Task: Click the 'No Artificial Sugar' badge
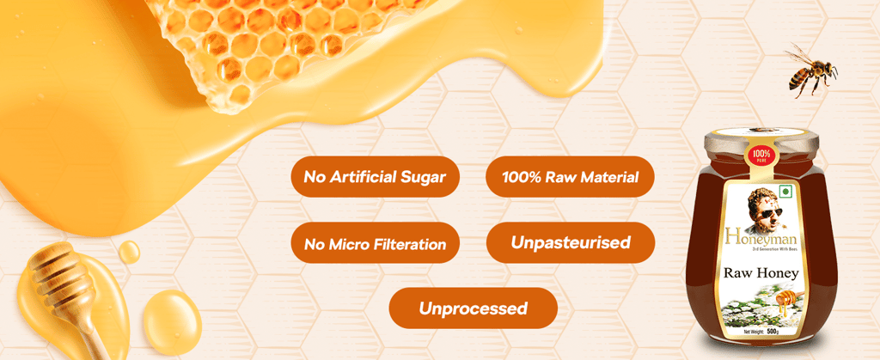pyautogui.click(x=375, y=177)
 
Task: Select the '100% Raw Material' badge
pyautogui.click(x=571, y=177)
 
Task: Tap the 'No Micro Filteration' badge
pyautogui.click(x=375, y=244)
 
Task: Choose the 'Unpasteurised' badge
pyautogui.click(x=571, y=243)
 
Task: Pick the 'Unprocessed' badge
pyautogui.click(x=473, y=308)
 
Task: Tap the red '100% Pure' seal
pyautogui.click(x=760, y=157)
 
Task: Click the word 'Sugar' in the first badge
pyautogui.click(x=422, y=178)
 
